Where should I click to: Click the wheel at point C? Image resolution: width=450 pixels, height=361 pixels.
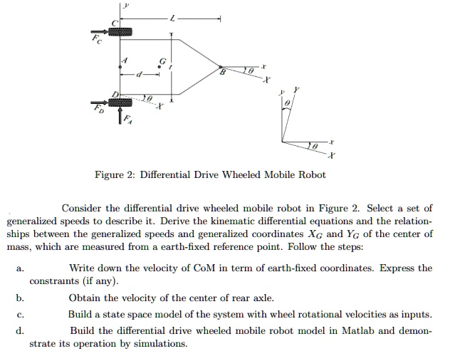120,31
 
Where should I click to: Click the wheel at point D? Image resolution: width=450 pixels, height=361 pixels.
120,102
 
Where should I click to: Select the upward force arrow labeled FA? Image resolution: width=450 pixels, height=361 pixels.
120,115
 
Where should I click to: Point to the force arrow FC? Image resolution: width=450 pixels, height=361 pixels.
100,31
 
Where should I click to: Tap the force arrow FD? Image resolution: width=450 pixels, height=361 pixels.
100,103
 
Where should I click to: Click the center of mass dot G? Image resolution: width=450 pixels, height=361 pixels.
159,67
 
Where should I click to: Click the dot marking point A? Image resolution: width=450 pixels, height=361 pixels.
120,67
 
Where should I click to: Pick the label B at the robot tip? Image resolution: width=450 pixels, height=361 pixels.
222,72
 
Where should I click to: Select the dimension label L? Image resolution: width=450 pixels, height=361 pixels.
172,19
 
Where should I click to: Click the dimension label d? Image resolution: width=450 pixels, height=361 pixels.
140,75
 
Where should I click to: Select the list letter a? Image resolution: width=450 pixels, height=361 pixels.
20,268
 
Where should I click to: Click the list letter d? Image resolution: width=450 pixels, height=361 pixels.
20,330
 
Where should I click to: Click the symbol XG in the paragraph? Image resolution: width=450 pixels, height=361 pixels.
315,234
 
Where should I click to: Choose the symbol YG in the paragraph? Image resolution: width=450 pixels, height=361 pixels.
353,234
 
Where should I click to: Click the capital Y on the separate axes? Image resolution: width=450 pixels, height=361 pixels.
296,90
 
